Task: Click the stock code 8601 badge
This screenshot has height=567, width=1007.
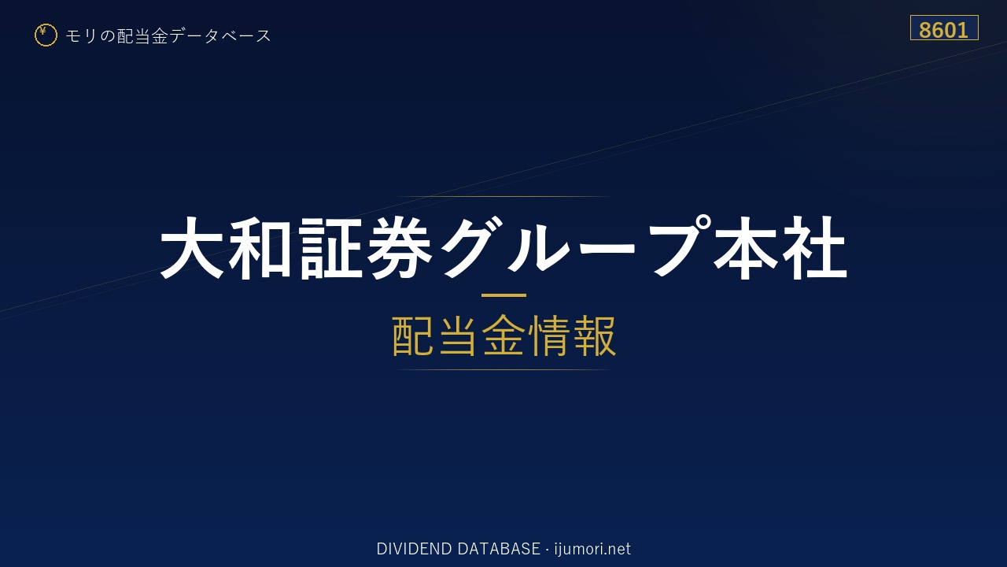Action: coord(944,28)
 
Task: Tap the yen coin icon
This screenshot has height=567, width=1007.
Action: coord(46,35)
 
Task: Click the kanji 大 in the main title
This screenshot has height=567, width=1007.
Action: coord(192,248)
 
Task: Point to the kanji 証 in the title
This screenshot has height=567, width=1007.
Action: coord(330,248)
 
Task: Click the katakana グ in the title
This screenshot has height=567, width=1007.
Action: coord(470,248)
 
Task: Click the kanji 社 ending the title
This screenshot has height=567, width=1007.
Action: coord(814,248)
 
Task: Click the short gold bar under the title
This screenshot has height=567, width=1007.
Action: coord(503,295)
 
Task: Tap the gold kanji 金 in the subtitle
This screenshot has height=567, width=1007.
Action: coord(503,335)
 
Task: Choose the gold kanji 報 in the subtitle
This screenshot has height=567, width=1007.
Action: coord(594,335)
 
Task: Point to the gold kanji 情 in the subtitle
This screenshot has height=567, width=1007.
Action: coord(549,335)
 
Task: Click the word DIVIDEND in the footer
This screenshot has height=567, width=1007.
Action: coord(414,549)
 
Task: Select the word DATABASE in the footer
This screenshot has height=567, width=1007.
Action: coord(499,549)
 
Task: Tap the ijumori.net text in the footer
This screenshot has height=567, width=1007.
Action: coord(592,549)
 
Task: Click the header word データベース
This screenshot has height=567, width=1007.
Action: coord(219,35)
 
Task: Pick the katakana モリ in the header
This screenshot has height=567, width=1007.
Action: coord(81,35)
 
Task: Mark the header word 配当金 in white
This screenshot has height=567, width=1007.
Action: coord(142,35)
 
